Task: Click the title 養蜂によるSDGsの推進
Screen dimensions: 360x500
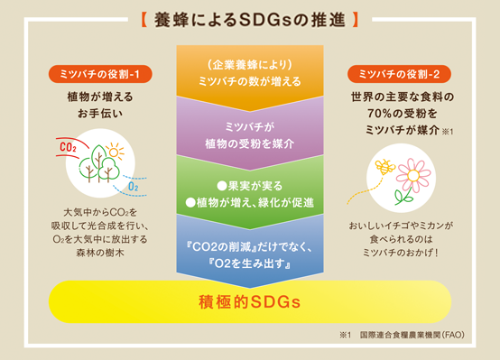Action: pos(251,17)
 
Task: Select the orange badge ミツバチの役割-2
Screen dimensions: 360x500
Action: pos(398,73)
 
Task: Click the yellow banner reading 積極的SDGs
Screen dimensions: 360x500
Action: pos(250,300)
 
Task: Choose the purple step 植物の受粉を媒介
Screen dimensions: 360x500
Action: pos(250,134)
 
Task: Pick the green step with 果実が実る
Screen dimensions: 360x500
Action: pos(250,191)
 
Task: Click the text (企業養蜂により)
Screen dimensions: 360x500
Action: pos(250,64)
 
